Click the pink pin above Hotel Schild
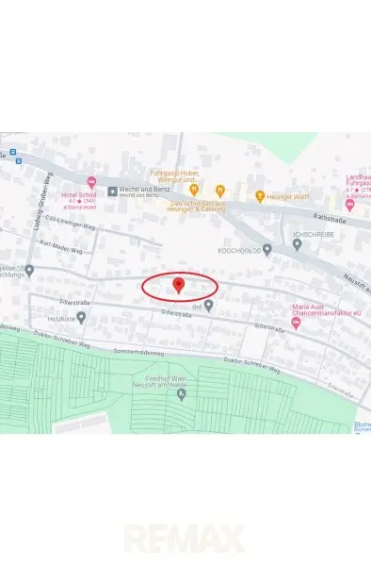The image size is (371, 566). point(91,182)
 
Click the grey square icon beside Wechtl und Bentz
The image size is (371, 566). point(112,191)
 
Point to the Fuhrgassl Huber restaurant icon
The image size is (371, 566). point(194,190)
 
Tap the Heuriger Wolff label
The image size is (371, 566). point(290,196)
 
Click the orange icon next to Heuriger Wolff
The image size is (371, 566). point(260,196)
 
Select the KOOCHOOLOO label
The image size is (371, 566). point(238,250)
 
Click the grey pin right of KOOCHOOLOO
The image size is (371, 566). point(267,250)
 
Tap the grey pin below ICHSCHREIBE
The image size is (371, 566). point(298,244)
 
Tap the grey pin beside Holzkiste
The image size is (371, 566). point(82,317)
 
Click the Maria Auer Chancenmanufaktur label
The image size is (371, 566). point(323,309)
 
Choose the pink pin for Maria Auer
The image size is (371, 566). point(296,324)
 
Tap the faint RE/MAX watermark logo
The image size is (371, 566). point(185,539)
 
